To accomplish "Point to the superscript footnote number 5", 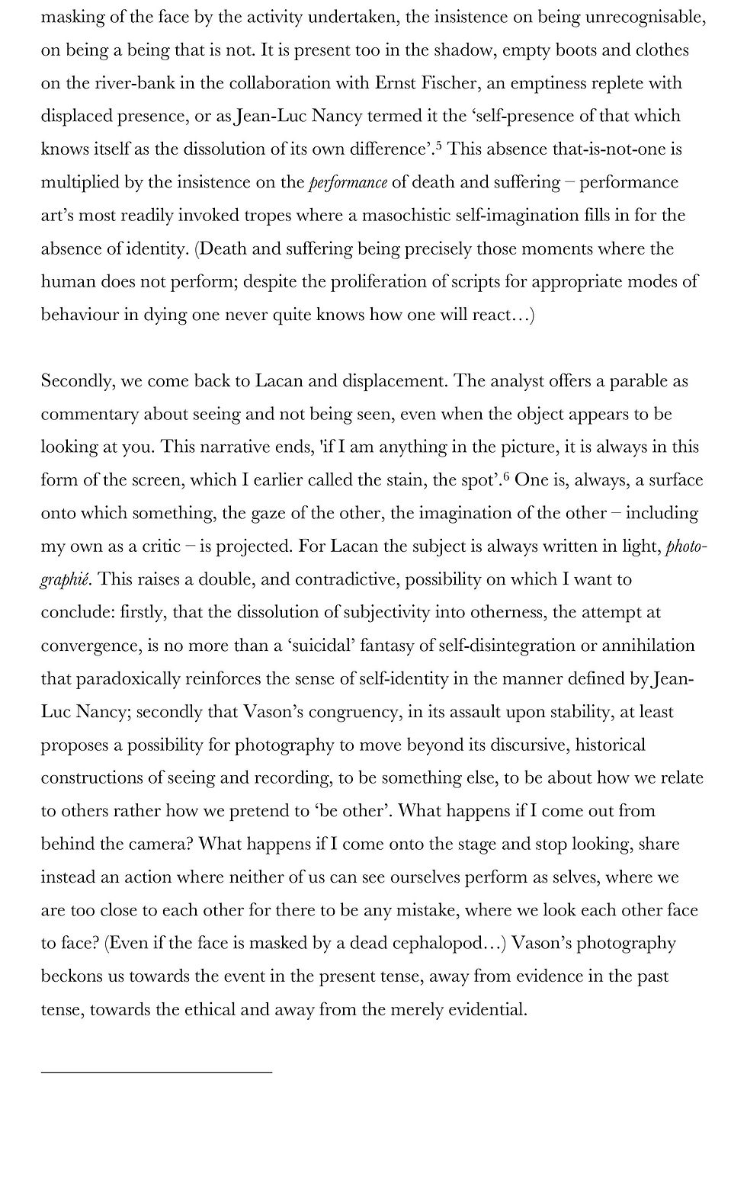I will [x=439, y=144].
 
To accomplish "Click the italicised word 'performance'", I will [x=348, y=183].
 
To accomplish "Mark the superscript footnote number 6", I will [x=506, y=476].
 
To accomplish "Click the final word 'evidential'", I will [x=486, y=1010].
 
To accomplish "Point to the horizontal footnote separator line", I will [x=156, y=1072].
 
